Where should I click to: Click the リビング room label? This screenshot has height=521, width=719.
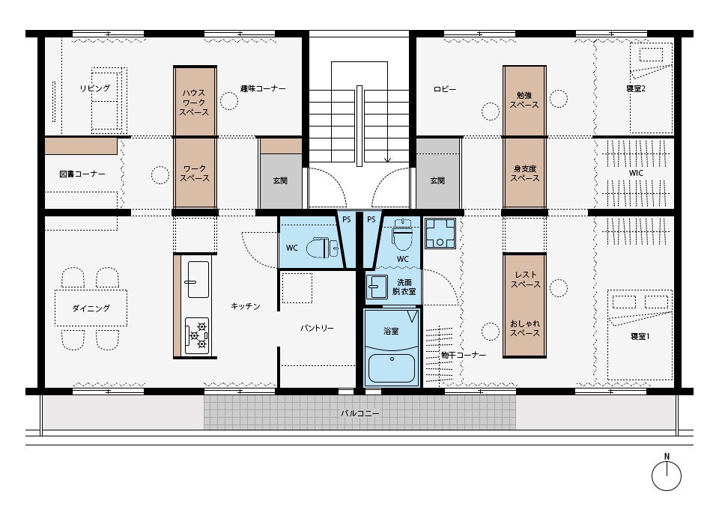[95, 88]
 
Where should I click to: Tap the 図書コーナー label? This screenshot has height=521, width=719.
[82, 174]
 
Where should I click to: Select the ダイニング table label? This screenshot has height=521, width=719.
[91, 308]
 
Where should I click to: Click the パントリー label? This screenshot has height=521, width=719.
[317, 328]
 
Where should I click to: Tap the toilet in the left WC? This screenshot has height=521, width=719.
[322, 248]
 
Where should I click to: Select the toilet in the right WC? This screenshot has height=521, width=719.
[403, 234]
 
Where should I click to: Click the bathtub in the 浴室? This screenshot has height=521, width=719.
[392, 368]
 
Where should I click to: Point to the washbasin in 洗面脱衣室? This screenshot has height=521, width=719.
[377, 287]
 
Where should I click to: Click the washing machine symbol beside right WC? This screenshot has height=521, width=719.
[440, 234]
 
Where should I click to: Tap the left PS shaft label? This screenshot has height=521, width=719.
[347, 219]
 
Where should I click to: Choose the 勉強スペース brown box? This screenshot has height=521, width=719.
[524, 101]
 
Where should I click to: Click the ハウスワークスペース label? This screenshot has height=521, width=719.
[194, 103]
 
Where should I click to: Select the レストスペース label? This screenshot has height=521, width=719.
[526, 279]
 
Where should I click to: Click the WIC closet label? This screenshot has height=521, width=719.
[636, 173]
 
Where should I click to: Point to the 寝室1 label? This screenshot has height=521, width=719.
[640, 336]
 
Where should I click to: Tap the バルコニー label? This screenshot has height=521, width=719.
[360, 413]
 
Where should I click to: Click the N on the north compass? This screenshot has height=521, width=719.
[667, 457]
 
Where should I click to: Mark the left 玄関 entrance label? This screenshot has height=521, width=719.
[280, 180]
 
